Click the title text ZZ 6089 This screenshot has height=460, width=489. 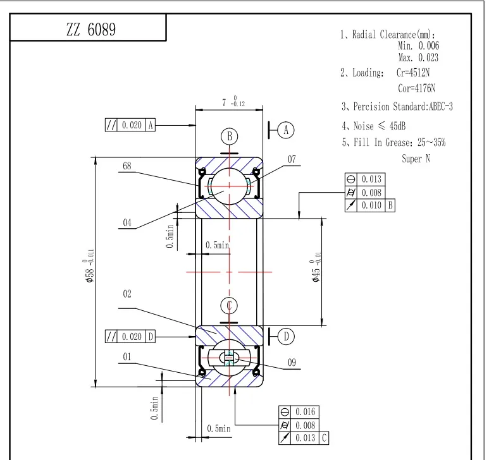(x=90, y=30)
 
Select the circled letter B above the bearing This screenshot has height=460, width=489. (x=230, y=136)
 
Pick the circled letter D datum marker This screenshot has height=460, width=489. (x=287, y=337)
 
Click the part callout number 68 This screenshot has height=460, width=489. (x=127, y=166)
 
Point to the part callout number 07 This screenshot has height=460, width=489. (x=292, y=160)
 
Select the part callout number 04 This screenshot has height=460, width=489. (x=127, y=222)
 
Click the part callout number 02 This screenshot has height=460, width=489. (x=127, y=294)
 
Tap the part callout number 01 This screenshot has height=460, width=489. (x=127, y=357)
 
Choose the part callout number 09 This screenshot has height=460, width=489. (x=292, y=363)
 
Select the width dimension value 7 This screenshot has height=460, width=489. (x=224, y=102)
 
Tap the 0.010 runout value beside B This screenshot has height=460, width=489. (x=371, y=205)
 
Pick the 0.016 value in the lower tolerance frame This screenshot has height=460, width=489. (x=305, y=412)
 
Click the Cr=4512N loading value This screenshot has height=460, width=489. (x=413, y=73)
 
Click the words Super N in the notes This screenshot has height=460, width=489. (x=416, y=159)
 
